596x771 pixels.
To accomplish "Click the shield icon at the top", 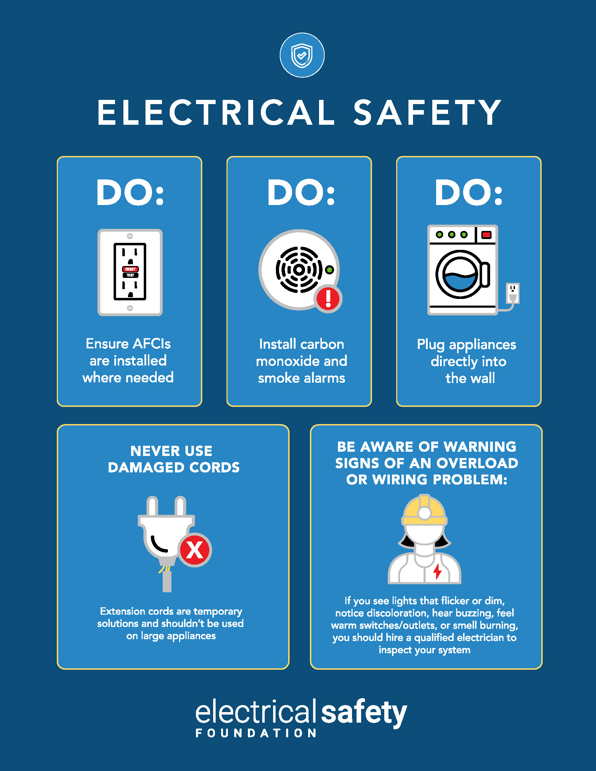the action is coord(302,55).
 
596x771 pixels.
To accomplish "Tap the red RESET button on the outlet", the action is coord(130,269).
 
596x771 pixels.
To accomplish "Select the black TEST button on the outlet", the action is coord(130,275).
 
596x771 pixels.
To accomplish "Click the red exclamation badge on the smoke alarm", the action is coord(329,298).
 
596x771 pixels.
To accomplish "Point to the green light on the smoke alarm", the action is coord(330,270).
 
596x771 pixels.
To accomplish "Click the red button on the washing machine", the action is coord(486,234).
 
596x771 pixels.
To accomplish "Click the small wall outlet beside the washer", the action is coord(513,293).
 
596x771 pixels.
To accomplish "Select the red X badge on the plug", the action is coord(195,550).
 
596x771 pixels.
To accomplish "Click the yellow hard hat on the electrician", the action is coord(425,510).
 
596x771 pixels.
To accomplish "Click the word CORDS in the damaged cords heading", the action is coord(214,468).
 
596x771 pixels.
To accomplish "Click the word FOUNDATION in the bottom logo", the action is coord(256,733).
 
